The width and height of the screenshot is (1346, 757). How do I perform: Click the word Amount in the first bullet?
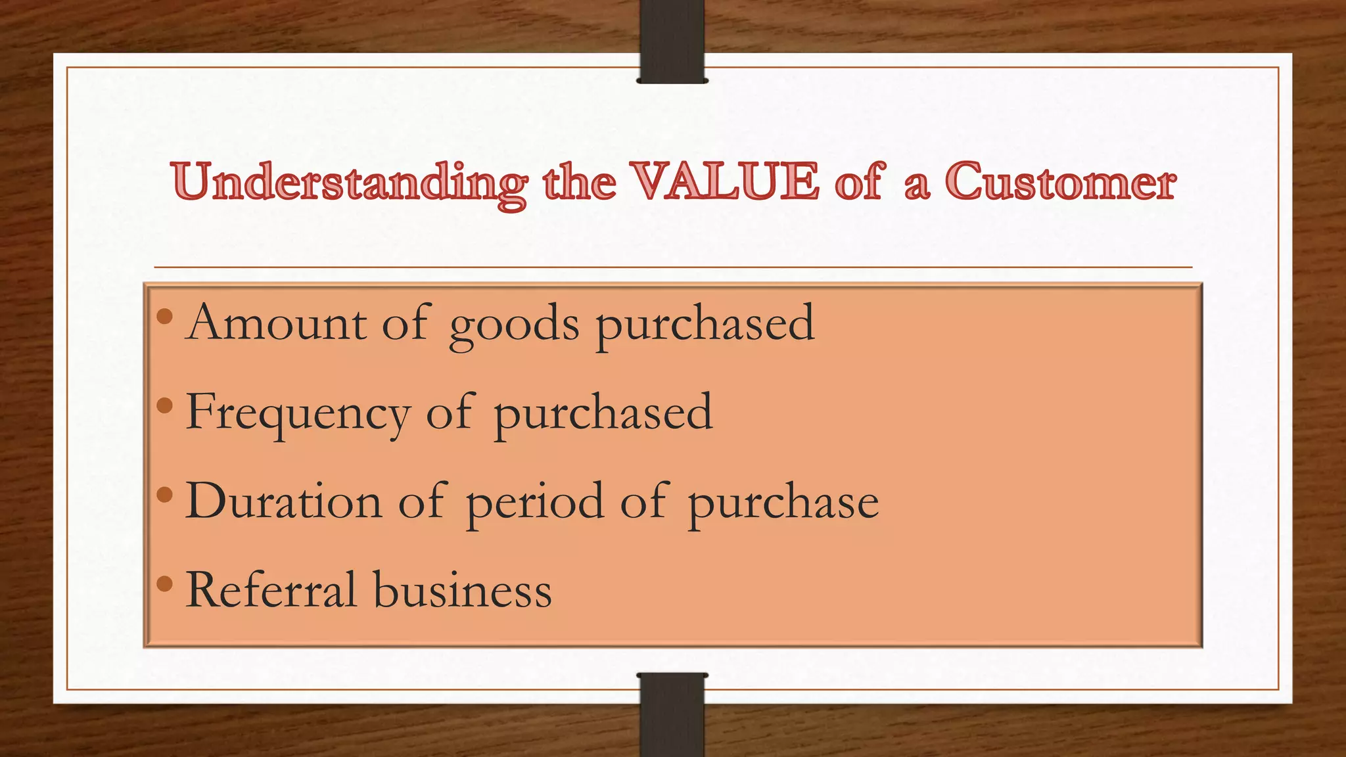276,323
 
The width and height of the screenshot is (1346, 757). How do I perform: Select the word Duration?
284,501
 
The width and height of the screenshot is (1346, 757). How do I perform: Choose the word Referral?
271,589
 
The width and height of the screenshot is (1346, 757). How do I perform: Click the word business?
463,589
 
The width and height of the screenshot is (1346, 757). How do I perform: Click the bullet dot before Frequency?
165,406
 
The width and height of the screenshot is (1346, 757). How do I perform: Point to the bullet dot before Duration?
165,494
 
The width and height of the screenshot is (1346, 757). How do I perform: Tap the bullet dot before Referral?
165,582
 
